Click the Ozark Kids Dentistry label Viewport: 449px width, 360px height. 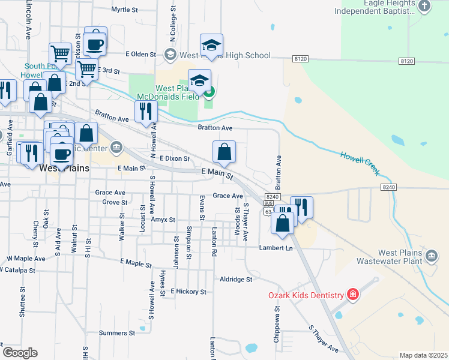tap(306, 295)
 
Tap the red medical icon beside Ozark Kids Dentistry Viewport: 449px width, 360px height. tap(352, 294)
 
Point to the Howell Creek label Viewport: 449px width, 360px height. tap(360, 163)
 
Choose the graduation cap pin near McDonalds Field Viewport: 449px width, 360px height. tap(200, 81)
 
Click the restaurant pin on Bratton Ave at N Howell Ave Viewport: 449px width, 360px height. tap(146, 111)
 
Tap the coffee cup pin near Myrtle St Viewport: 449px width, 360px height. tap(95, 43)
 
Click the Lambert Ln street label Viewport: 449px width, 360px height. tap(276, 248)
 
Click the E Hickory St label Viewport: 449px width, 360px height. tap(188, 292)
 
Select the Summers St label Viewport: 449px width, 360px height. tap(117, 332)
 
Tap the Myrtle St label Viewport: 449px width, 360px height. tap(125, 10)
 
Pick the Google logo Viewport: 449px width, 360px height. tap(20, 352)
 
